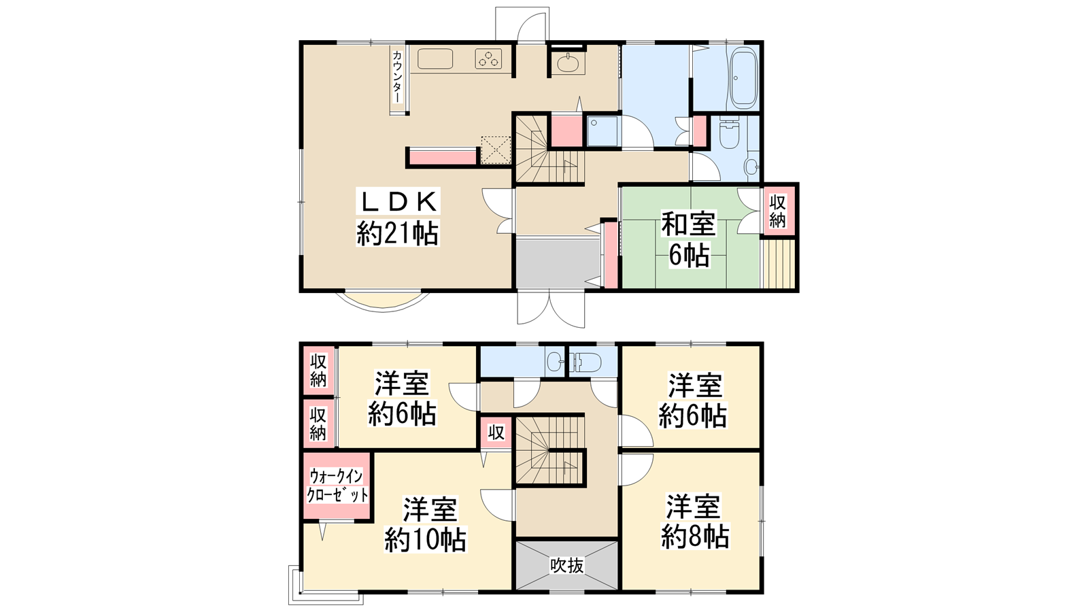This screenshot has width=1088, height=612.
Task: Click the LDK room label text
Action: tap(398, 218)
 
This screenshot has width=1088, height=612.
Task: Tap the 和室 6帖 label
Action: tap(689, 239)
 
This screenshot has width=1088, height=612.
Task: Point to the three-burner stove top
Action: tap(488, 58)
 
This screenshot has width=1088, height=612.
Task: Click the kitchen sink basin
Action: tap(435, 58)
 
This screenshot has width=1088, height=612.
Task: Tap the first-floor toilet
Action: tap(729, 133)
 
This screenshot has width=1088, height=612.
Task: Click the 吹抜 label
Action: tap(567, 565)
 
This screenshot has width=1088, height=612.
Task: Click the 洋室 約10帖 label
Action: tap(426, 524)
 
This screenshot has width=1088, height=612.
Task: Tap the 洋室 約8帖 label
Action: tap(694, 521)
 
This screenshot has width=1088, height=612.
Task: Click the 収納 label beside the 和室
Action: tap(778, 211)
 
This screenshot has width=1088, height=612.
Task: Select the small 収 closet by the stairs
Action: tap(496, 432)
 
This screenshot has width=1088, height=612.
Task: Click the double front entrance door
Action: tap(551, 308)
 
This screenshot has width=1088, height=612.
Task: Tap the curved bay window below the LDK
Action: tap(383, 302)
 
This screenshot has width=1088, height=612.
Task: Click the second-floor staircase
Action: tap(550, 450)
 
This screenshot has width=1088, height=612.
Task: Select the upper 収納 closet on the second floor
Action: tap(319, 371)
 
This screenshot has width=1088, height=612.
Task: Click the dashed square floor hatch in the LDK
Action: tap(496, 150)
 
